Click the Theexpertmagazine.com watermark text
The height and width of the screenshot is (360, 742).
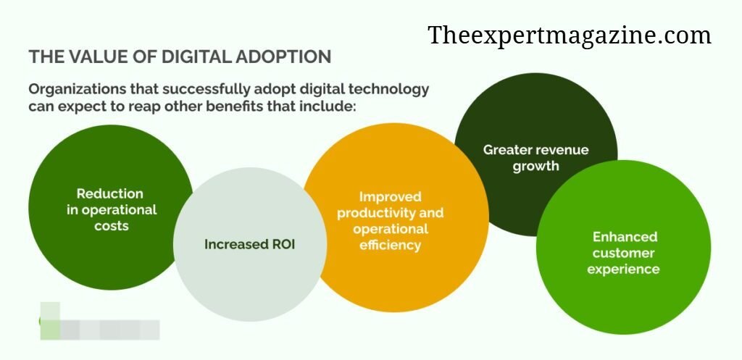[570, 36]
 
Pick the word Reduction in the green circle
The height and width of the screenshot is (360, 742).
[110, 193]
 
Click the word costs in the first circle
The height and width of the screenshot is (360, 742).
[111, 226]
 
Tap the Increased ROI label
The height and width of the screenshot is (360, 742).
[249, 245]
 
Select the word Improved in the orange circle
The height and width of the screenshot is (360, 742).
[390, 197]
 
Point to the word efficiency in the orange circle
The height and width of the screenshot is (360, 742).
[390, 245]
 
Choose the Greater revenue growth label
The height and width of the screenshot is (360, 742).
[536, 158]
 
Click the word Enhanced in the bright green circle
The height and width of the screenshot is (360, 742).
[625, 237]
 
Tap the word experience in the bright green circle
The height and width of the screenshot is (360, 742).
[623, 269]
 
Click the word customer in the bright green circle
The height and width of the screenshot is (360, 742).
[623, 253]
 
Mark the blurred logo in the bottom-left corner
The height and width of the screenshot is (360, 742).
[99, 321]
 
